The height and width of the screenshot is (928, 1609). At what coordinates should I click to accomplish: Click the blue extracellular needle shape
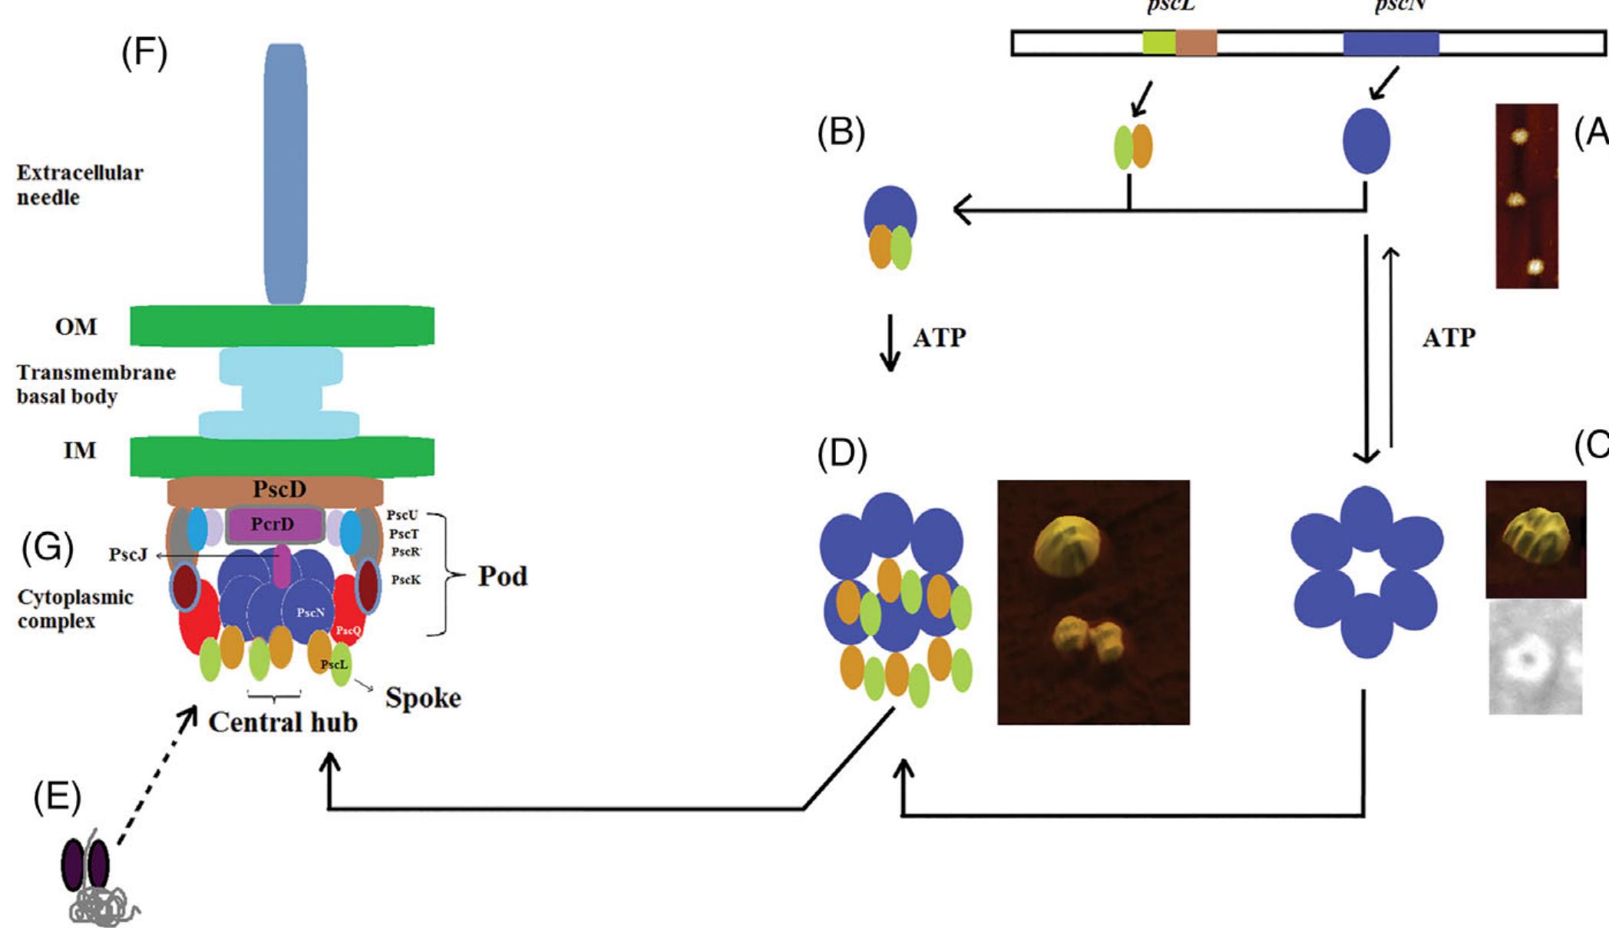(286, 173)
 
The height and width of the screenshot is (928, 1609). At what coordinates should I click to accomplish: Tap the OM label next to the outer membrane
(76, 327)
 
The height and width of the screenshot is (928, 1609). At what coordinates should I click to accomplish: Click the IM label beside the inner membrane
(80, 450)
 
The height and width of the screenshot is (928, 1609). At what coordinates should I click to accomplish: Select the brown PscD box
(275, 490)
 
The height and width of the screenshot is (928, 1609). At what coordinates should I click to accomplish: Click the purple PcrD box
(273, 524)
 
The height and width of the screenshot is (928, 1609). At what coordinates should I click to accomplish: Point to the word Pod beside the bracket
(502, 576)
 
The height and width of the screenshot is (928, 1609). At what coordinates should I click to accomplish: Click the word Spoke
(423, 698)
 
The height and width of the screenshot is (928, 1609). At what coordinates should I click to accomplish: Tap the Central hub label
(282, 722)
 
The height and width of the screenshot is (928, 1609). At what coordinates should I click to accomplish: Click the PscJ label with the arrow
(127, 554)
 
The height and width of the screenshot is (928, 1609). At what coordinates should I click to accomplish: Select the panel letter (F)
(144, 54)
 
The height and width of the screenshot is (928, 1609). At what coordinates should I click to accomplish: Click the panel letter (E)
(57, 798)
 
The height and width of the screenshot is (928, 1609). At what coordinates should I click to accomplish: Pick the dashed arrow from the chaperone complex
(154, 775)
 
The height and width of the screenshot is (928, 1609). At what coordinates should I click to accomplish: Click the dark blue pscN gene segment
(1390, 43)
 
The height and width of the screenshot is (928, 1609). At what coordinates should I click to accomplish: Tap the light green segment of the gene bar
(1158, 43)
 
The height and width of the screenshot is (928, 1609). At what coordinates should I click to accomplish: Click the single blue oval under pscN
(1366, 141)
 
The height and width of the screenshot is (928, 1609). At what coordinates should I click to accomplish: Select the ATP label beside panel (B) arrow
(938, 338)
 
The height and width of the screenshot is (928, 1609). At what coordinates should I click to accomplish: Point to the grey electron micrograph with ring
(1535, 657)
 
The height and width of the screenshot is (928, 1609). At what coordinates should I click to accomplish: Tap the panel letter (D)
(842, 455)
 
